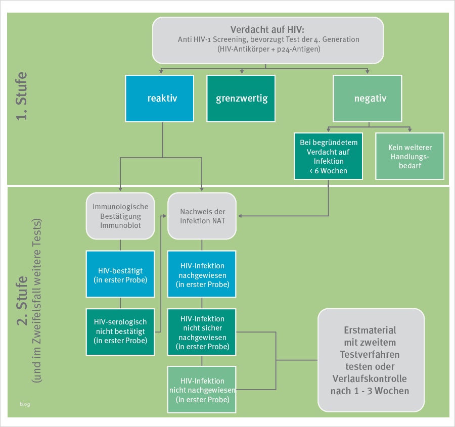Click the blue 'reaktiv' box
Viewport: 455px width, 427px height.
coord(159,99)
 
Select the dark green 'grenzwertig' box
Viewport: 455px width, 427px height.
coord(241,99)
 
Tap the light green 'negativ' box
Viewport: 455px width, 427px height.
coord(368,99)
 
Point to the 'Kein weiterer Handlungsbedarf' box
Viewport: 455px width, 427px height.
coord(409,157)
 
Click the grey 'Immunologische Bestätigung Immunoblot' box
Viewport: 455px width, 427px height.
coord(120,215)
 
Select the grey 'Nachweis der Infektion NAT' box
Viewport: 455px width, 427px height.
coord(202,216)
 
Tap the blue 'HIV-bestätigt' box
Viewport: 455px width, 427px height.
coord(120,273)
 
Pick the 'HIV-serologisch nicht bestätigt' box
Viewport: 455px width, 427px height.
coord(120,331)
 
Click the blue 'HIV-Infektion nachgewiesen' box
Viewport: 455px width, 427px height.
coord(202,275)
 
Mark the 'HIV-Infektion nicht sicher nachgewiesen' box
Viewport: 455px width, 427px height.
coord(202,332)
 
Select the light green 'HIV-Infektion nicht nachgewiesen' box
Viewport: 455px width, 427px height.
coord(202,389)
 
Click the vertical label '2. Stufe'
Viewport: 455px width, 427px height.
coord(21,301)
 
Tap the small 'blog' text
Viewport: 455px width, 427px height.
coord(25,403)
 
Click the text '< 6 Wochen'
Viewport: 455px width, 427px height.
coord(328,170)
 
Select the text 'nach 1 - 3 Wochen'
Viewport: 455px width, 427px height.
coord(370,391)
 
